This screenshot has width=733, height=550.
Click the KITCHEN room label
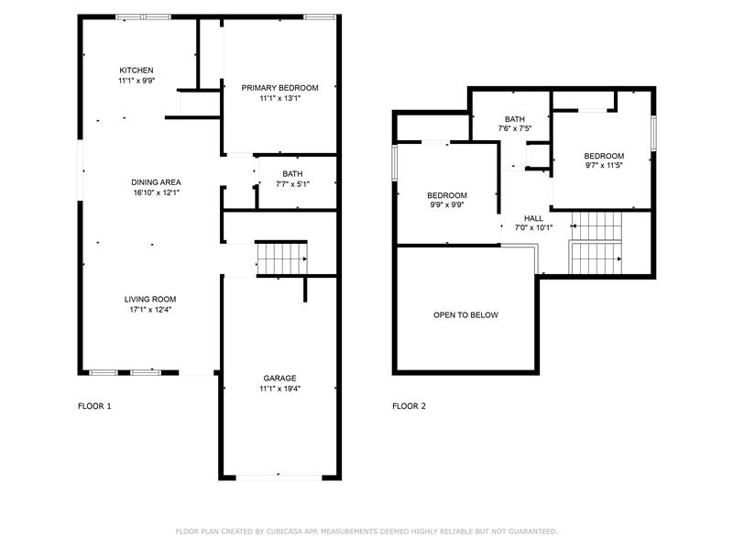tap(136, 71)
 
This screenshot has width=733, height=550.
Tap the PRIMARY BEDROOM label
tap(279, 87)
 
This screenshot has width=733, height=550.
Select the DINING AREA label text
tap(156, 181)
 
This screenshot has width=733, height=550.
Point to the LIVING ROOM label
tap(150, 299)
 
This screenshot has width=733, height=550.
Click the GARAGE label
tap(279, 378)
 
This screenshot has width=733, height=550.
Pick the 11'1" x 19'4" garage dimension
tap(279, 388)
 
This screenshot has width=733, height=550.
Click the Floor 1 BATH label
tap(292, 174)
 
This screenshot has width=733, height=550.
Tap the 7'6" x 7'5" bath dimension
tap(515, 128)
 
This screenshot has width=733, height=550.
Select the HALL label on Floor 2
tap(533, 218)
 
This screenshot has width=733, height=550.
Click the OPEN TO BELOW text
tap(465, 314)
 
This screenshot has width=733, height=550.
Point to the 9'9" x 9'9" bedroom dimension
tap(447, 204)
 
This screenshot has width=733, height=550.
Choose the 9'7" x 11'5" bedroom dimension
tap(604, 165)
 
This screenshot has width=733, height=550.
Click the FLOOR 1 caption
tap(94, 406)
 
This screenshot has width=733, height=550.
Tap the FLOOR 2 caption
tap(409, 406)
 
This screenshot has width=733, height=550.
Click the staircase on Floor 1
tap(282, 258)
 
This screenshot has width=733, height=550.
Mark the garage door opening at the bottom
tap(279, 478)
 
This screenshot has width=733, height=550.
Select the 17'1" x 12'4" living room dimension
tap(150, 309)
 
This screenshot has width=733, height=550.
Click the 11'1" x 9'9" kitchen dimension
tap(136, 81)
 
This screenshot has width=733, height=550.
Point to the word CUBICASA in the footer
tap(284, 532)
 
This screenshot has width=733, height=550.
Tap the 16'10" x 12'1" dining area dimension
tap(156, 192)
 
